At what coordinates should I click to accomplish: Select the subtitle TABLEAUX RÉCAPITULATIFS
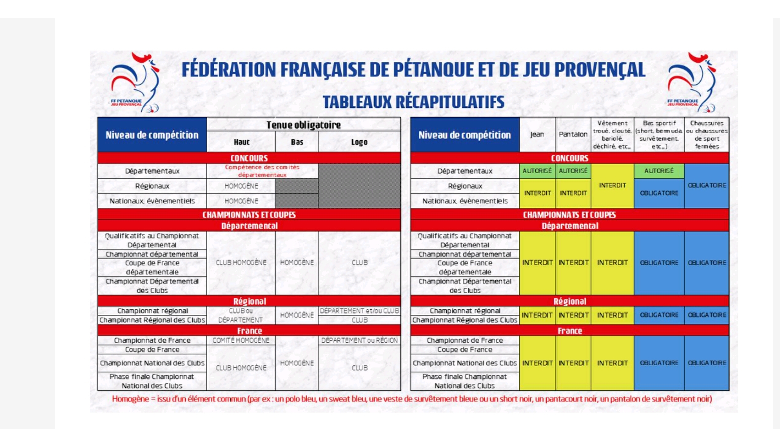click(x=413, y=102)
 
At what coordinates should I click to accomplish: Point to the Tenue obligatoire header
click(x=303, y=125)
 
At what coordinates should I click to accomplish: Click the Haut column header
click(x=241, y=142)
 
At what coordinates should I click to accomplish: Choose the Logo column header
click(x=359, y=142)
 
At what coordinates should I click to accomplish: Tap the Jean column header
click(x=537, y=134)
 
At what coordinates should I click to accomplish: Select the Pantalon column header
click(x=573, y=134)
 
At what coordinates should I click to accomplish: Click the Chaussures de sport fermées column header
click(x=707, y=134)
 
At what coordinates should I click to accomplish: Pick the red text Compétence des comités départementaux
click(x=262, y=171)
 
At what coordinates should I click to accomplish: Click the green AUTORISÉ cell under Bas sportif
click(x=659, y=171)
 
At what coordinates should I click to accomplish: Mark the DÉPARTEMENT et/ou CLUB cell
click(x=359, y=311)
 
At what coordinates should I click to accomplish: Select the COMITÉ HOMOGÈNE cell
click(x=241, y=340)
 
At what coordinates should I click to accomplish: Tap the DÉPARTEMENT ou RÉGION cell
click(x=359, y=340)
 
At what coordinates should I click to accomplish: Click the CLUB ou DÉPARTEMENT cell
click(x=240, y=315)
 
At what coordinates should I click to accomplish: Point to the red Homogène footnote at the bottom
click(x=412, y=399)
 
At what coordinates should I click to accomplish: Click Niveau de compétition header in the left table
click(x=152, y=135)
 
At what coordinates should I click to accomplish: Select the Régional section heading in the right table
click(x=569, y=301)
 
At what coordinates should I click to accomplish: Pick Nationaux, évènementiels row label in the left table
click(x=152, y=201)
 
